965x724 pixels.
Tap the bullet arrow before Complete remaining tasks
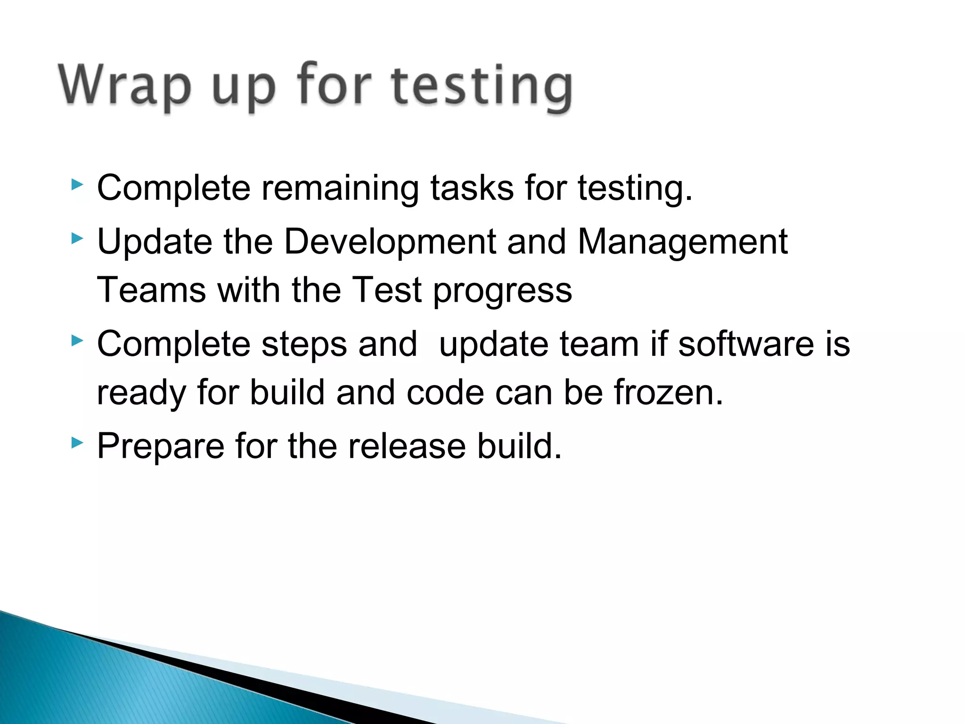click(x=77, y=184)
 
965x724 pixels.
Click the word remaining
click(x=340, y=188)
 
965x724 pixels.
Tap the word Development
click(x=390, y=241)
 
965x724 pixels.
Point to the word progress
click(x=502, y=291)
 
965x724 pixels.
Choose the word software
click(x=745, y=344)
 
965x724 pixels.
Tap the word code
click(x=445, y=392)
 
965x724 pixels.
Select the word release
click(x=407, y=446)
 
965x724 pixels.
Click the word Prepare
click(x=160, y=447)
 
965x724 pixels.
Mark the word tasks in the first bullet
click(x=472, y=188)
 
